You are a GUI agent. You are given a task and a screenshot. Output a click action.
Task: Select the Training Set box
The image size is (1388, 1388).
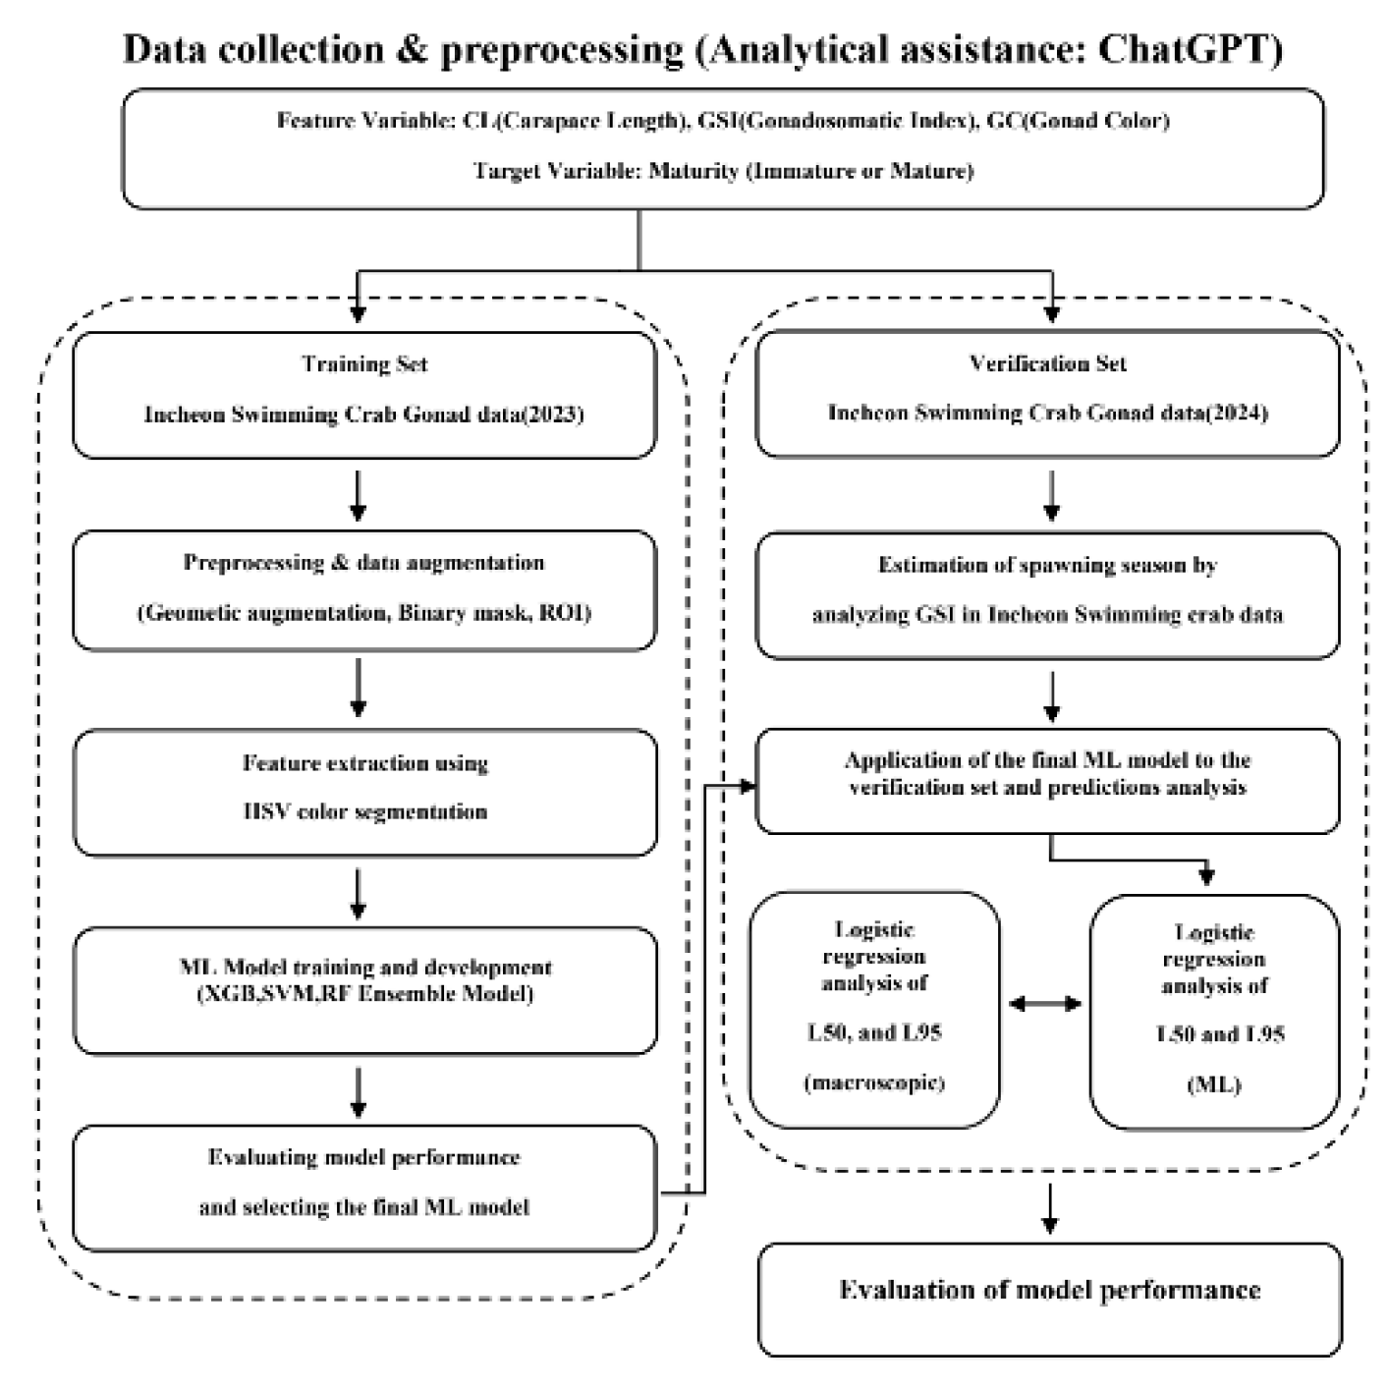click(x=364, y=395)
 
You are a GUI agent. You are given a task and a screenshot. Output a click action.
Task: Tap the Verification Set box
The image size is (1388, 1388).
click(x=1047, y=393)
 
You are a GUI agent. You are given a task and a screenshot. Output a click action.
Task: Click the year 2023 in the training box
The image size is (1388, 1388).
click(x=554, y=415)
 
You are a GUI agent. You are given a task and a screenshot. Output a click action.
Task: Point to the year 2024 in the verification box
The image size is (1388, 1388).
click(x=1238, y=413)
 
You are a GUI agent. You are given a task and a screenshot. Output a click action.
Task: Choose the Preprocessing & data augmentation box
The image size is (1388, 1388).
click(x=364, y=590)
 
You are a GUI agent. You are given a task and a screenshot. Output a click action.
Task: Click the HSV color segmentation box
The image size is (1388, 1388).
click(x=364, y=792)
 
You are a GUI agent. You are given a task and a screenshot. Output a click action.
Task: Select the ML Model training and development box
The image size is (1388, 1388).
click(x=364, y=990)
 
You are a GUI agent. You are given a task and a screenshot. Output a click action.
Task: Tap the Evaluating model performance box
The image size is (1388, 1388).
click(x=364, y=1187)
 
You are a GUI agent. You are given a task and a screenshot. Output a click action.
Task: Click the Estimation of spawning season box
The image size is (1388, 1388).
click(x=1047, y=594)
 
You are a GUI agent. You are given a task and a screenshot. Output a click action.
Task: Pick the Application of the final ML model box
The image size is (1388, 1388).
click(x=1047, y=780)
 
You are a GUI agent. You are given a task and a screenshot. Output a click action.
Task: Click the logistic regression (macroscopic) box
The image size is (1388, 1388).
click(x=874, y=1009)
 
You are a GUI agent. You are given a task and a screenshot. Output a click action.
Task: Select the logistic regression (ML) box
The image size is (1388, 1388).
click(x=1214, y=1011)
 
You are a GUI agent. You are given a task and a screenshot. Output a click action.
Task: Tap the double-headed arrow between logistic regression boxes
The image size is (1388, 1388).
click(x=1045, y=1004)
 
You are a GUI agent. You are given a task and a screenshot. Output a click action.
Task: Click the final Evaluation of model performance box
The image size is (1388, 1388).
click(x=1049, y=1299)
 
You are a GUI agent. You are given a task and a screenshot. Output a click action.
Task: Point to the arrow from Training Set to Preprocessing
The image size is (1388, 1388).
click(x=359, y=496)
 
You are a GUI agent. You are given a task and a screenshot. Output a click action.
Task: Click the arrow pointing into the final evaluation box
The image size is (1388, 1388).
click(x=1050, y=1209)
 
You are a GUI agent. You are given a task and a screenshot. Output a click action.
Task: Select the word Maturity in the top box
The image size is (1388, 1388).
click(x=694, y=171)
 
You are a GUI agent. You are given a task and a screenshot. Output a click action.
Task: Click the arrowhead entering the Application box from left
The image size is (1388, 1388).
click(x=748, y=786)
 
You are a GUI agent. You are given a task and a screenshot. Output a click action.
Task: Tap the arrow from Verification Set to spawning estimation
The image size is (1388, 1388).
click(x=1051, y=496)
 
